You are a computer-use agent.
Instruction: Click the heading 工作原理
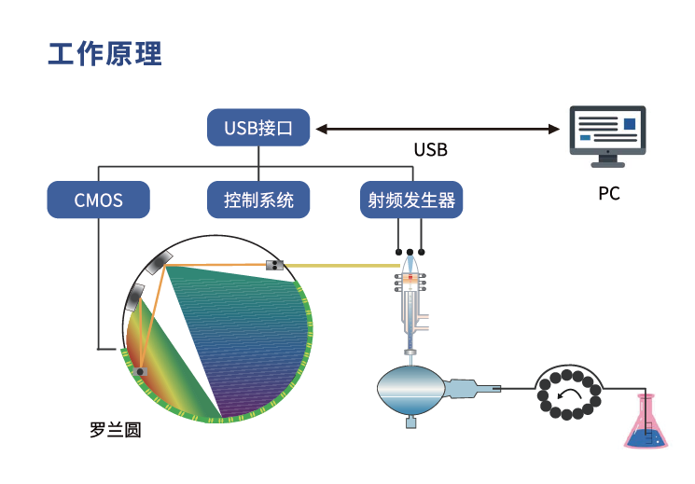coord(105,53)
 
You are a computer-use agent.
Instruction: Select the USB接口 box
coord(258,128)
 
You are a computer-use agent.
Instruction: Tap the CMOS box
coord(98,200)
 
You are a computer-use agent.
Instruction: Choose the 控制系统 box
coord(258,200)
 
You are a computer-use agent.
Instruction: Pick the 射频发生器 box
coord(411,200)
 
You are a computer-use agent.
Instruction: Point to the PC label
coord(609,195)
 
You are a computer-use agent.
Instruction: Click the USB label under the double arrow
coord(430,149)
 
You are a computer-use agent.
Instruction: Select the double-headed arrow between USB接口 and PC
coord(438,128)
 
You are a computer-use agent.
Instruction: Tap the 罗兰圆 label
coord(116,432)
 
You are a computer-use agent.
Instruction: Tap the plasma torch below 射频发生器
coord(410,298)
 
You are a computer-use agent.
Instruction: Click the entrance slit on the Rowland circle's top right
coord(275,265)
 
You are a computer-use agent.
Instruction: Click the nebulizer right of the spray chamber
coord(472,385)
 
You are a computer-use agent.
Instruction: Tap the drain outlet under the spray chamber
coord(410,422)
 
